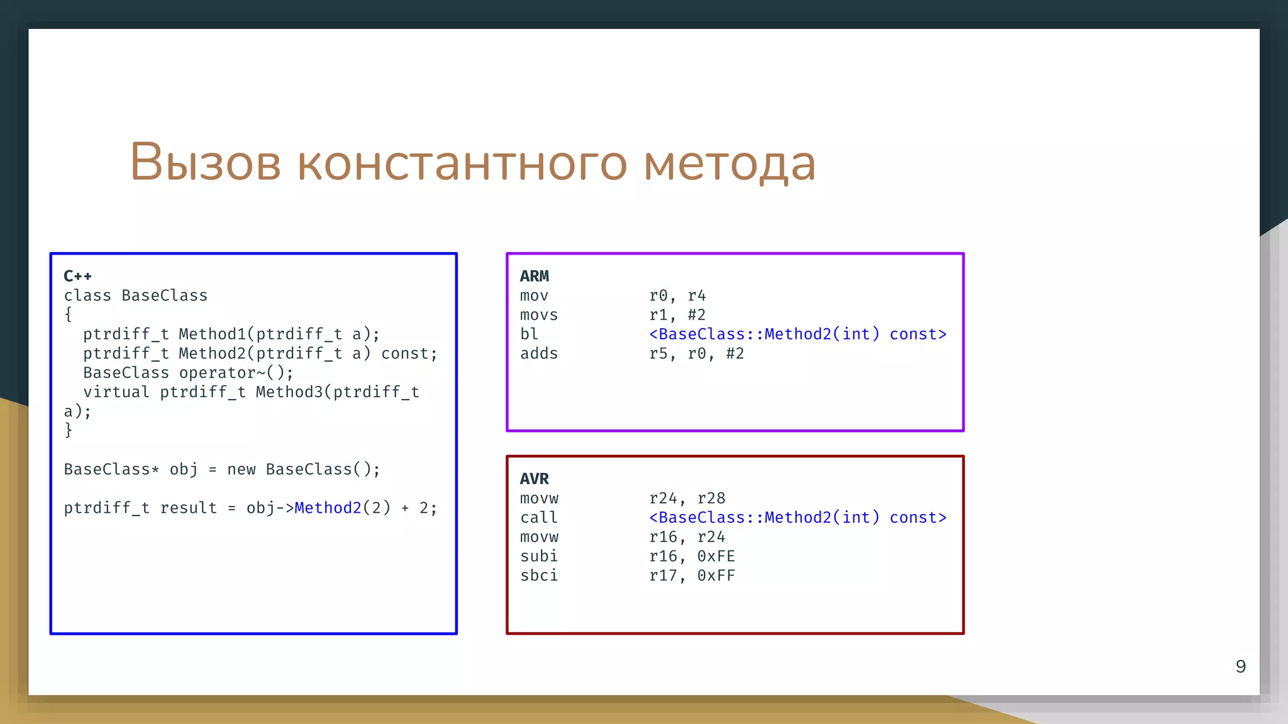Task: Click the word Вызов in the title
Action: tap(205, 162)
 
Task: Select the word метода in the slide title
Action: tap(730, 163)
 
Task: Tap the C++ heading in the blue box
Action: tap(77, 276)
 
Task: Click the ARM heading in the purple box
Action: tap(535, 276)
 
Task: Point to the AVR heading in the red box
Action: tap(535, 479)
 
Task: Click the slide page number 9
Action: tap(1240, 666)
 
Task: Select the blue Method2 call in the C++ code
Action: tap(328, 508)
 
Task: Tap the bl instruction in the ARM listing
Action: tap(529, 334)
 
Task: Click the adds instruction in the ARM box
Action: tap(539, 354)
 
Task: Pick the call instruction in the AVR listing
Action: tap(539, 518)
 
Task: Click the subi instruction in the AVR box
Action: tap(539, 556)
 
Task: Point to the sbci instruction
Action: tap(539, 576)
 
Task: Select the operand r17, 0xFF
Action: tap(692, 576)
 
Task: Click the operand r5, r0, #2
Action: tap(696, 354)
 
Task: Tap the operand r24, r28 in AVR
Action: tap(687, 498)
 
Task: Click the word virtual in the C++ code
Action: tap(116, 392)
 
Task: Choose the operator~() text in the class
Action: tap(236, 373)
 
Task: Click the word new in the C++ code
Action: tap(241, 469)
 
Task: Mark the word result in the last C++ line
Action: tap(188, 508)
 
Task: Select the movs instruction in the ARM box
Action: tap(539, 315)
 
